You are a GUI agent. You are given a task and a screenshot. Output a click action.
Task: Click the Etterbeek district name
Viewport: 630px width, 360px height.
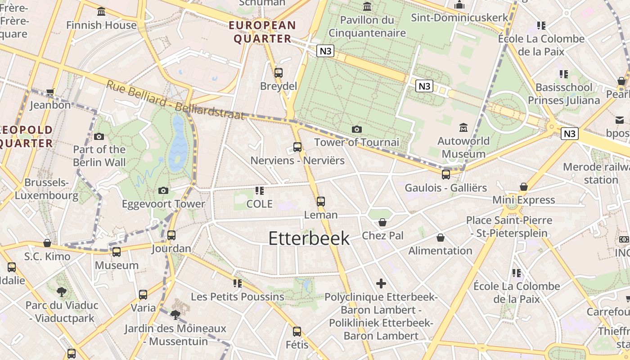click(309, 238)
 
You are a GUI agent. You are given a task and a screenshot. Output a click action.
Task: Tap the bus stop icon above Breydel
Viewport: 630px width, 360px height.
click(279, 72)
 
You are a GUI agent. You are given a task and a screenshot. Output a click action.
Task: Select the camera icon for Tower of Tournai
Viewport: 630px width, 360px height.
click(356, 129)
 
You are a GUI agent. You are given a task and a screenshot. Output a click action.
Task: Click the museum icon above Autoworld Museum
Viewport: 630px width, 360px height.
click(463, 128)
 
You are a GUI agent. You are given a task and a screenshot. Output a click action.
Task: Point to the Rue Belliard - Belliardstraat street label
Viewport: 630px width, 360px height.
click(175, 100)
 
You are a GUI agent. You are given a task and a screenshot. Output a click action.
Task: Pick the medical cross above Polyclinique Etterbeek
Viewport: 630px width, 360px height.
click(381, 283)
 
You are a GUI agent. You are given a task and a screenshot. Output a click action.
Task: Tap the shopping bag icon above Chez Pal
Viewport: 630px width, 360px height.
click(382, 222)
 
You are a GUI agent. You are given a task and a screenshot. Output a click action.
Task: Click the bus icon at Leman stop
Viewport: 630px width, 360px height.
click(320, 201)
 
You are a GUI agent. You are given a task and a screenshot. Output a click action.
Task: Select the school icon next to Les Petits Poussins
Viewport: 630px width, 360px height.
click(237, 283)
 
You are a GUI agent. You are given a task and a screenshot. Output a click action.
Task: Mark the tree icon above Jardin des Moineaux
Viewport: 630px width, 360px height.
click(175, 314)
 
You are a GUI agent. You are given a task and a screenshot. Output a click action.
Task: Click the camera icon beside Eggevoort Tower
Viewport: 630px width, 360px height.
click(163, 190)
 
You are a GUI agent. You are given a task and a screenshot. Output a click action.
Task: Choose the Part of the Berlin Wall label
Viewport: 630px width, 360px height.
click(99, 156)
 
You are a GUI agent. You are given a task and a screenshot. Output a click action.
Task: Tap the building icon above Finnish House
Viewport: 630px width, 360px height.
click(101, 11)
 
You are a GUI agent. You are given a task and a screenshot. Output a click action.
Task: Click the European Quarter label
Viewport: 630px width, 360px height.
click(262, 32)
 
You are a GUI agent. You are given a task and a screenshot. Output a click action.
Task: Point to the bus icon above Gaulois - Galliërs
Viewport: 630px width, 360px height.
click(445, 174)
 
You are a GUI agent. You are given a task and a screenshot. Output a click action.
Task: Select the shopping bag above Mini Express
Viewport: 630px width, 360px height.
click(523, 186)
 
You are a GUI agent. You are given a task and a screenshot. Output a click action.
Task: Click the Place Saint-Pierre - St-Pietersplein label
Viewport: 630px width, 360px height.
click(509, 227)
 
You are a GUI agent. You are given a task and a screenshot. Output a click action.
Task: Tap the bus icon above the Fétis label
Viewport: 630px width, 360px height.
click(297, 332)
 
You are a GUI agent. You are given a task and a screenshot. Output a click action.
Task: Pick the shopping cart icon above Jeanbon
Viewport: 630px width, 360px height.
click(50, 92)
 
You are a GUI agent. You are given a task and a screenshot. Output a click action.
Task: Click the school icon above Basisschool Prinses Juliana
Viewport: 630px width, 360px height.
click(563, 74)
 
